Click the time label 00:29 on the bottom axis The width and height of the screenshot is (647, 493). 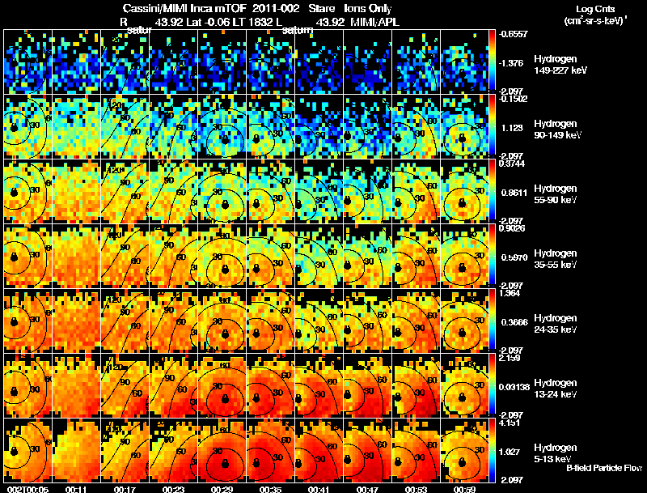pyautogui.click(x=222, y=488)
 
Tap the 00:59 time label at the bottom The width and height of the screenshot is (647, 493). pyautogui.click(x=464, y=488)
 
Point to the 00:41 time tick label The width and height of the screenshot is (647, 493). pyautogui.click(x=319, y=488)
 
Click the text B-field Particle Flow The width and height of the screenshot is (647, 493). pyautogui.click(x=603, y=468)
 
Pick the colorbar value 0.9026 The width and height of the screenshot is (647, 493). pyautogui.click(x=509, y=228)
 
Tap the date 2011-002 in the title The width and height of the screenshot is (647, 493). pyautogui.click(x=270, y=8)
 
